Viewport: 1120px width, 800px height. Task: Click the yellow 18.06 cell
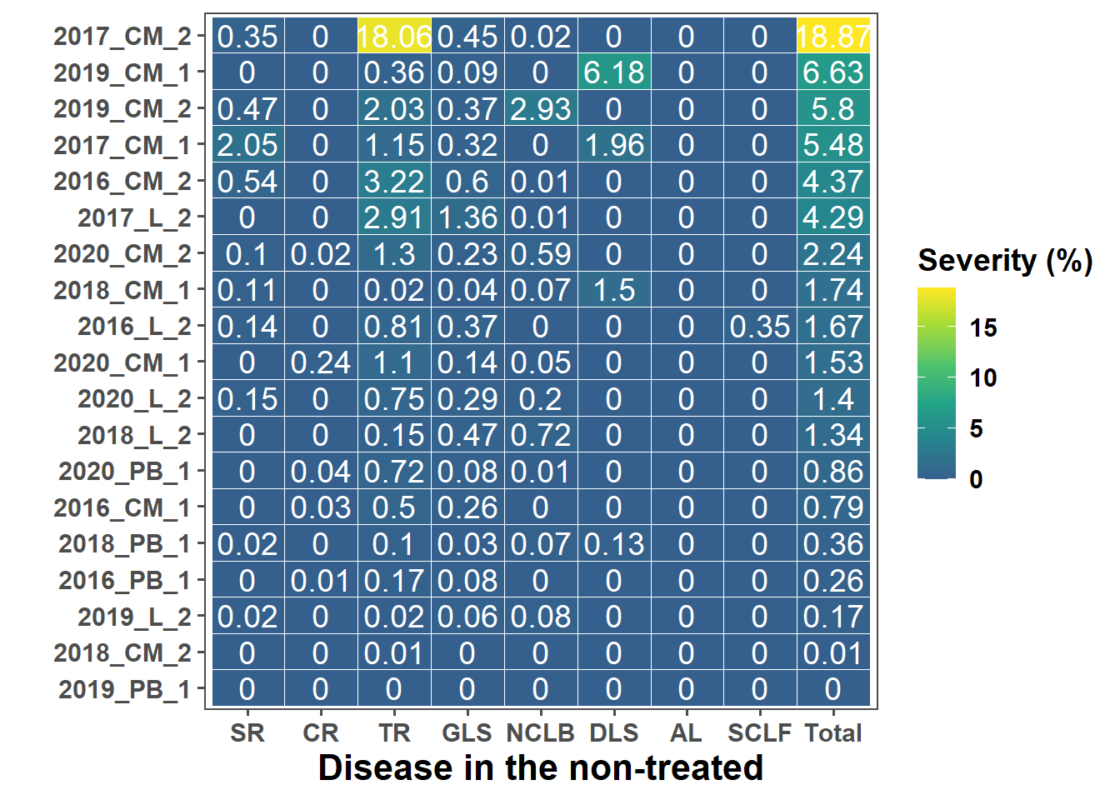394,37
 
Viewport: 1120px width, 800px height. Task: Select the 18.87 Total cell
833,37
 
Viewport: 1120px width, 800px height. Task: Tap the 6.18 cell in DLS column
614,72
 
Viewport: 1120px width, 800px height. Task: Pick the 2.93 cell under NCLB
541,109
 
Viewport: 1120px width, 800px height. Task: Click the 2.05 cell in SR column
247,145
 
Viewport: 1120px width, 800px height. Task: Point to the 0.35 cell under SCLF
760,327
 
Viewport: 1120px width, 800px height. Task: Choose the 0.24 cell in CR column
321,362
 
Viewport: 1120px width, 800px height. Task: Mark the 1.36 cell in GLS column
467,217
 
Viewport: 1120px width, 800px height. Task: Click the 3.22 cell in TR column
394,182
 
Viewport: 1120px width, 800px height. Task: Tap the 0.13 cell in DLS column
614,544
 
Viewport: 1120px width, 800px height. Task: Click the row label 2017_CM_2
122,37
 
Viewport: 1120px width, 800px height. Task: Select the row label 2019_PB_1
124,689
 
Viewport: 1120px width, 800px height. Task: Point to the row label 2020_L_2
134,399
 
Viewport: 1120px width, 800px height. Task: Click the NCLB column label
541,733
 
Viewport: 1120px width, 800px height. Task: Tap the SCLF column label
760,733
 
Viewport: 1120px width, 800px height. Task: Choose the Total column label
833,733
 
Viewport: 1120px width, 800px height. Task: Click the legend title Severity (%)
1005,261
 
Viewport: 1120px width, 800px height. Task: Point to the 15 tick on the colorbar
983,327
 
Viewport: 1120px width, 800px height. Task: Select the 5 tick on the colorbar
977,428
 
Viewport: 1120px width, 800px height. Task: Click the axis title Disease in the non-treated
541,768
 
